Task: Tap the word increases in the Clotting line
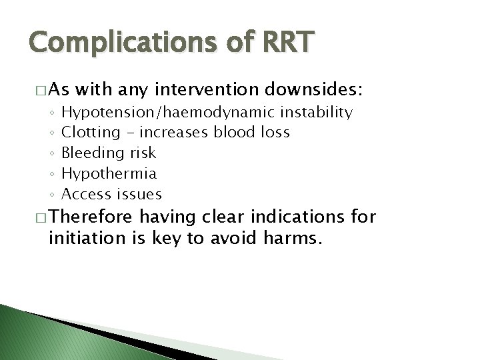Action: click(179, 133)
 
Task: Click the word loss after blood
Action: click(272, 133)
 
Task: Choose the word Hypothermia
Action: click(109, 173)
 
